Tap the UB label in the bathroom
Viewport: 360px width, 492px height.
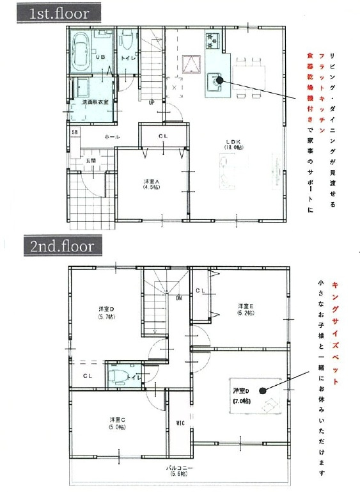click(100, 58)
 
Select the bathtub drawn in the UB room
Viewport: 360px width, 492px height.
click(81, 51)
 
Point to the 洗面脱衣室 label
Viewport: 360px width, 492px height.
click(94, 102)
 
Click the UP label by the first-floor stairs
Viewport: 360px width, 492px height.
click(152, 102)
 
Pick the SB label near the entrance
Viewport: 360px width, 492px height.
click(75, 132)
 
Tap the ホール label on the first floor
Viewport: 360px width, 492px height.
click(112, 137)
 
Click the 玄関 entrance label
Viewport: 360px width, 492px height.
click(91, 160)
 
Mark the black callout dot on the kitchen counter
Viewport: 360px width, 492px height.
click(219, 81)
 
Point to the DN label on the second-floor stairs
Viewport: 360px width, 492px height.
click(180, 298)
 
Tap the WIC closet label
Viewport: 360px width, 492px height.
click(180, 423)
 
